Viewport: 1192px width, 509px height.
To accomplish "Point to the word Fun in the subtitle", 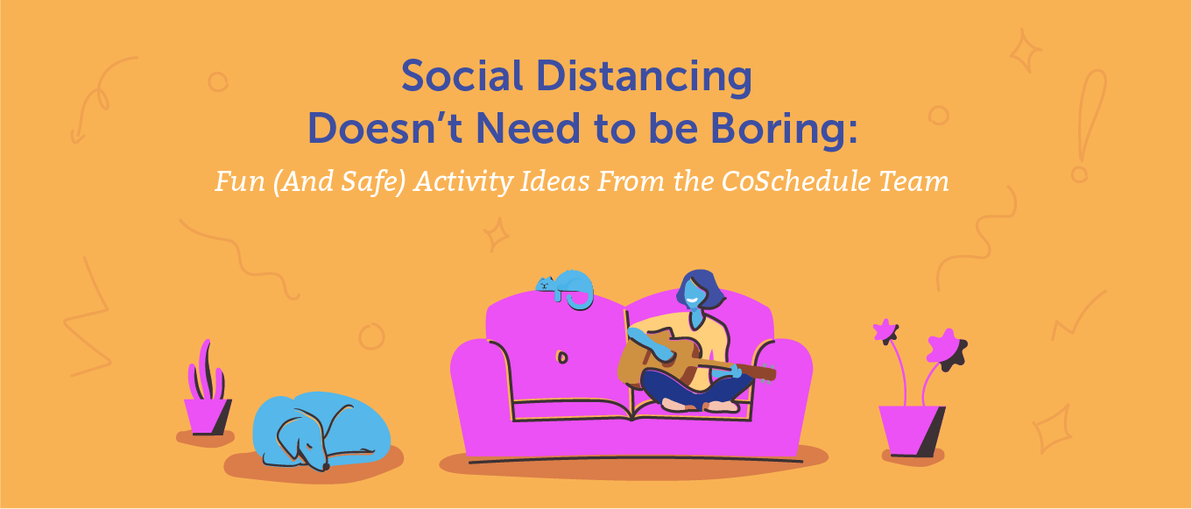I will pos(237,181).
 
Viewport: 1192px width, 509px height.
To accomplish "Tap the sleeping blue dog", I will pos(320,429).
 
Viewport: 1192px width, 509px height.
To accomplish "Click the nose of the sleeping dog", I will pos(326,467).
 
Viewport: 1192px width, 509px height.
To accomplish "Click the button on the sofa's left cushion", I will pos(561,357).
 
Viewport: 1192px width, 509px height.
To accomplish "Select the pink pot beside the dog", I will pos(208,415).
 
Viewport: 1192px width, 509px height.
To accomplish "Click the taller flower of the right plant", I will pos(885,331).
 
